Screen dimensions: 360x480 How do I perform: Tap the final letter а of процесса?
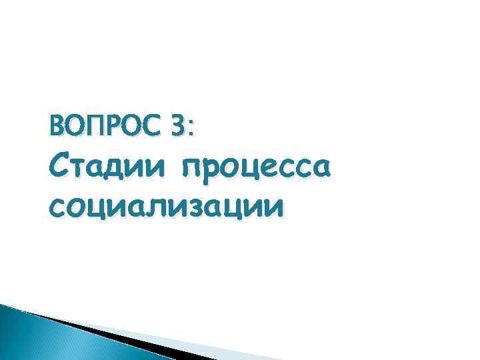coord(319,167)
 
